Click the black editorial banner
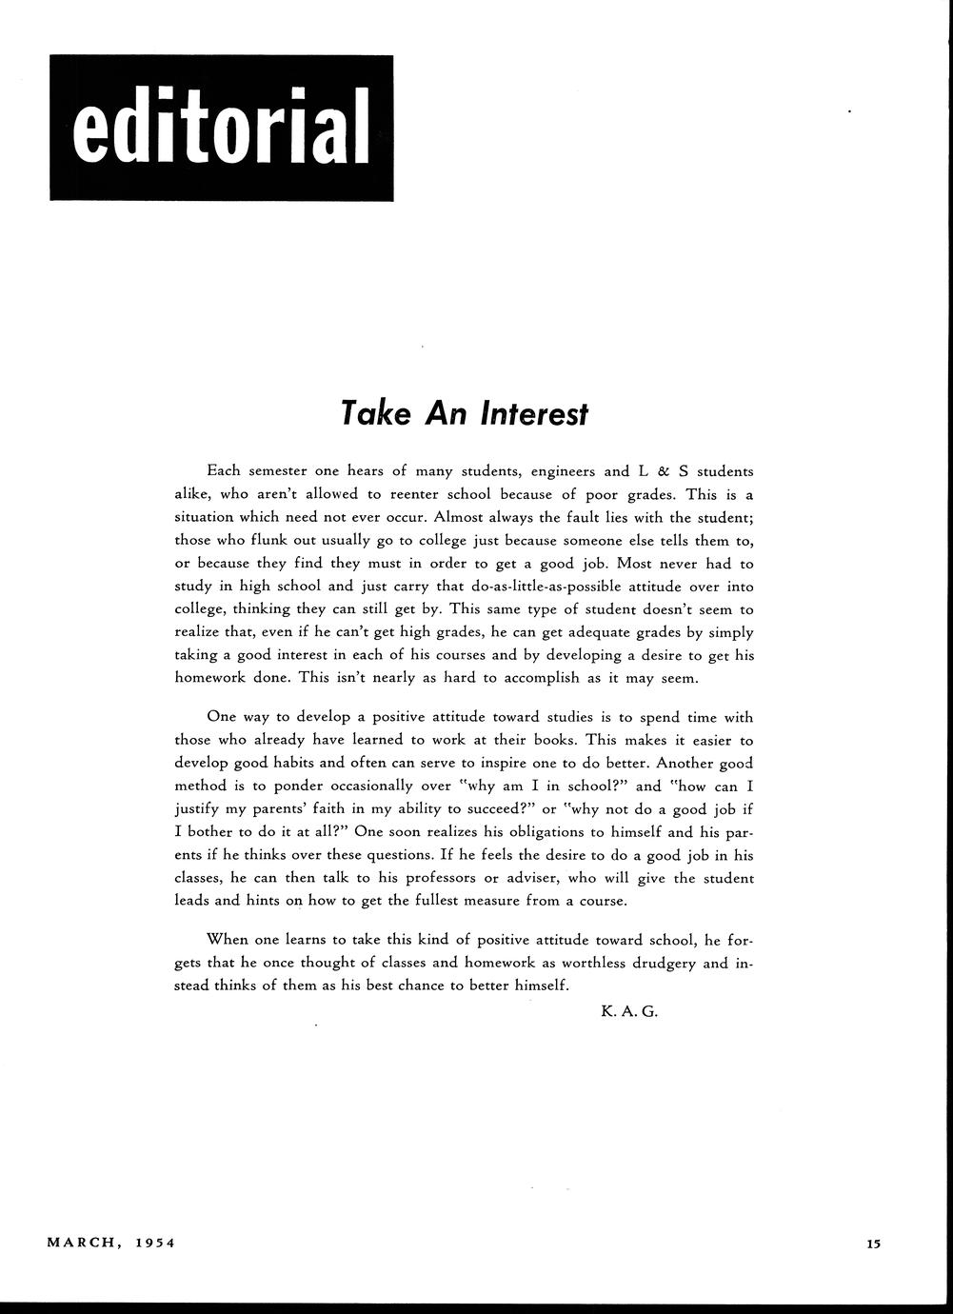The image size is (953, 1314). [x=221, y=128]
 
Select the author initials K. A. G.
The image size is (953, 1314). [x=629, y=1011]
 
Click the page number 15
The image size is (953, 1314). [x=875, y=1243]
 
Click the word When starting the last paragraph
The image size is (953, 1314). [x=228, y=940]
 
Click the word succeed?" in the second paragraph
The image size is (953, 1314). [x=495, y=809]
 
